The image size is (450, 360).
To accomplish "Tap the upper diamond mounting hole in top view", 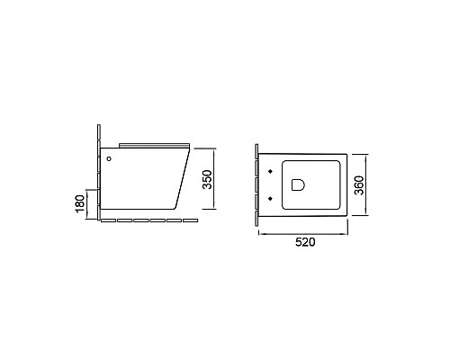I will (x=270, y=170).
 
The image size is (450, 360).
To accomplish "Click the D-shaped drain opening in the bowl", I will (x=298, y=185).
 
